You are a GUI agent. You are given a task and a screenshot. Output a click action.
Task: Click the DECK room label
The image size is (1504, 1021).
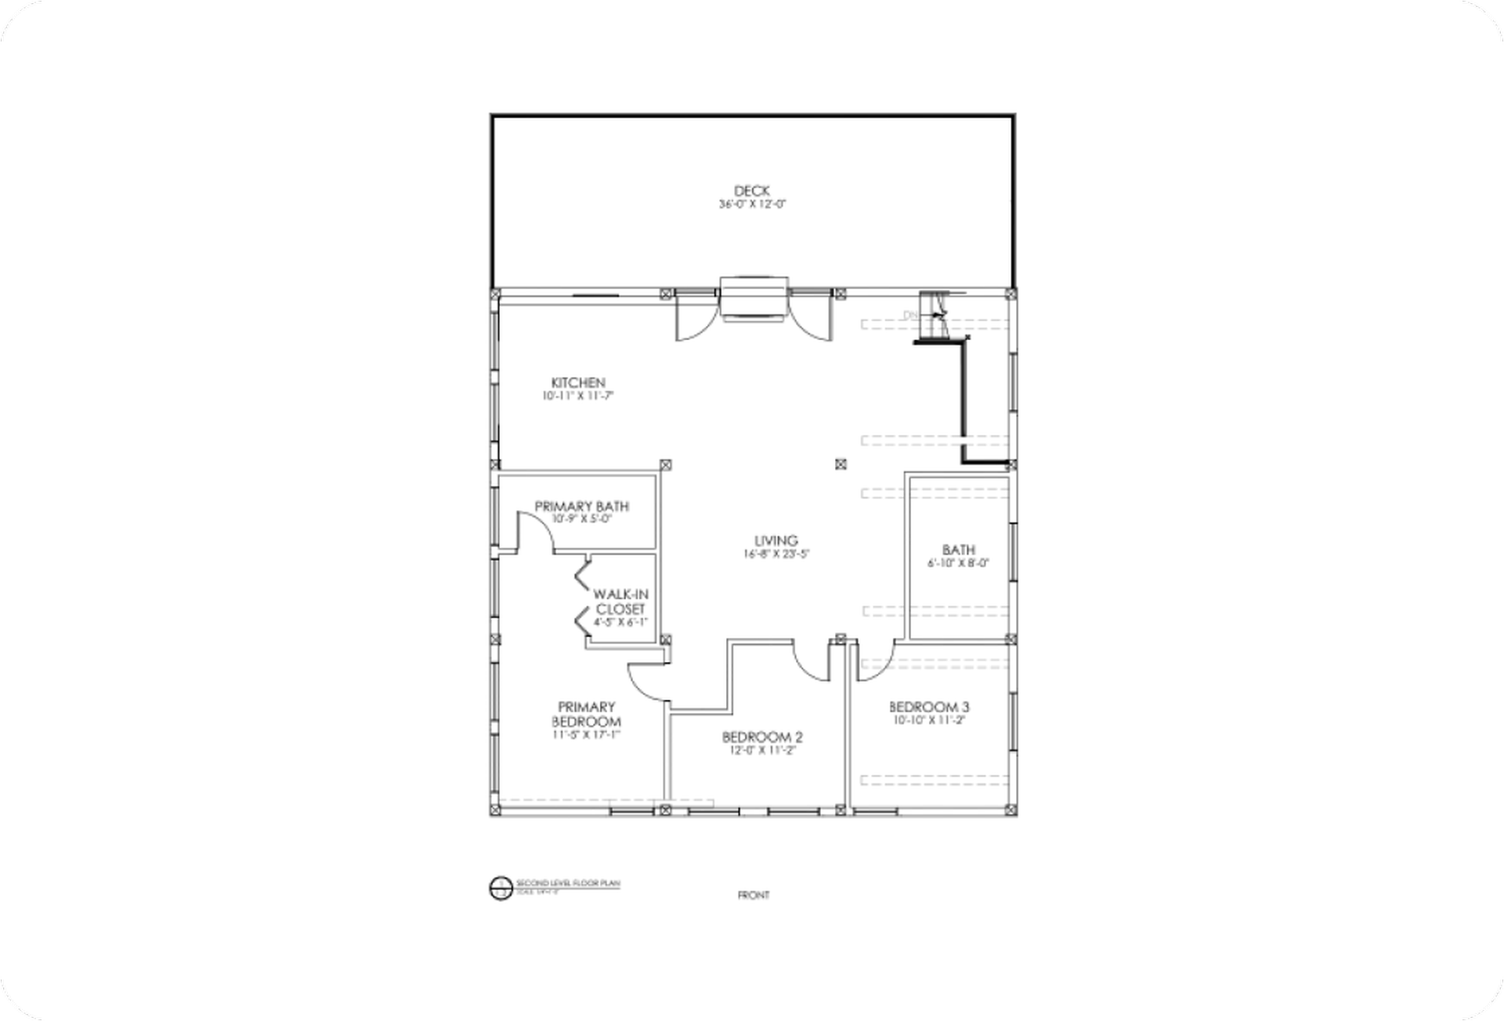[751, 190]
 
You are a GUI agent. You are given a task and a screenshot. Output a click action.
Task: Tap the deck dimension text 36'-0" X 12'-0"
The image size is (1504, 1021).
[752, 205]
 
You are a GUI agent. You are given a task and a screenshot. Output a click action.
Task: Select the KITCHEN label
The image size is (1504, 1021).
[578, 382]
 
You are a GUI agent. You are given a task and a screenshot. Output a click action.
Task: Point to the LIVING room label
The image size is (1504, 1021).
[775, 541]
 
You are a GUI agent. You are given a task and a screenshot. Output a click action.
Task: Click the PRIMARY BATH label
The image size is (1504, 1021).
[581, 506]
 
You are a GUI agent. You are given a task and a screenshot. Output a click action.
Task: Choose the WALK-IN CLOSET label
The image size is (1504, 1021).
[620, 602]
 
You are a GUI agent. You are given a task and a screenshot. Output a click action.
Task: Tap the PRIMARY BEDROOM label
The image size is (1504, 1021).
[586, 714]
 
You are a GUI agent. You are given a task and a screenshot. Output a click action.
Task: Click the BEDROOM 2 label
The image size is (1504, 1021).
[762, 737]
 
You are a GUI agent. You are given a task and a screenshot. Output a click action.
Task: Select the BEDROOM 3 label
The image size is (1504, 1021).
[929, 707]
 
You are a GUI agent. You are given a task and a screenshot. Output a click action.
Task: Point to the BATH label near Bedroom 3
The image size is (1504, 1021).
[959, 549]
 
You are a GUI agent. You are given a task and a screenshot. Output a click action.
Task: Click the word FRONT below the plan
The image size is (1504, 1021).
[754, 895]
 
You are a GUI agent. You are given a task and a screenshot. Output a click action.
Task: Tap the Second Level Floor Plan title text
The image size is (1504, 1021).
[568, 883]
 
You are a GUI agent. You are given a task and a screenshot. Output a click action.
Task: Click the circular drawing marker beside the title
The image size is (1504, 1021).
[500, 889]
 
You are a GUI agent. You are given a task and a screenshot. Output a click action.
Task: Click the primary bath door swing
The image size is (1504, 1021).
[537, 532]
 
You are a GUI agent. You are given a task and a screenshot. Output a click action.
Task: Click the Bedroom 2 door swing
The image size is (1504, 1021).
[812, 661]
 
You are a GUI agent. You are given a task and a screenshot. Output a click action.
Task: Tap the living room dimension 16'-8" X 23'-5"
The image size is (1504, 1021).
[775, 554]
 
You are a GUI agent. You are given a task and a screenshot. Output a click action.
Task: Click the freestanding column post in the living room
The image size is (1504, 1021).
[841, 464]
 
